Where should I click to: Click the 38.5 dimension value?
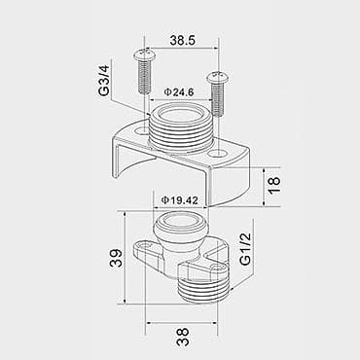point(183,40)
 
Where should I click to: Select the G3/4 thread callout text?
point(104,80)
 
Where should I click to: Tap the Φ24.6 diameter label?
point(179,92)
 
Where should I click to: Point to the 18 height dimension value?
point(274,185)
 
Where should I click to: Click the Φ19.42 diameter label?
point(180,200)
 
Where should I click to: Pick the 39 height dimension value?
point(116,258)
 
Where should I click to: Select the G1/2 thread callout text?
point(245,249)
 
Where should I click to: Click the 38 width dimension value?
point(183,337)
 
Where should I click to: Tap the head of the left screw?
point(144,54)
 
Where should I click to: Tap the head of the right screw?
point(217,77)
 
